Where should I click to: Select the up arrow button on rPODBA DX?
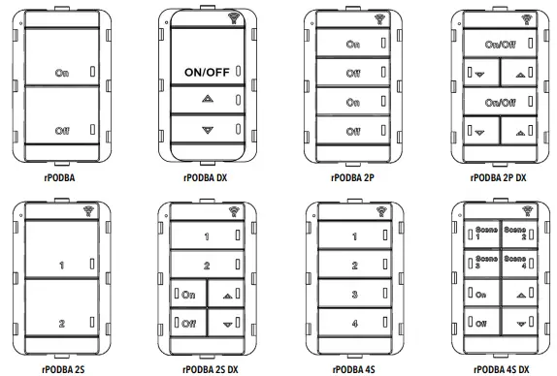pos(205,100)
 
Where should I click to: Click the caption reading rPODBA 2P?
pos(354,178)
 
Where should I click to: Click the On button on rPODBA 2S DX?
pos(187,294)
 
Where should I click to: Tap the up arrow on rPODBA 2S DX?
pos(227,294)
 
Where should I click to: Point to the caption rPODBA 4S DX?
pos(497,368)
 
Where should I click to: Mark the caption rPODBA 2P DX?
pos(498,178)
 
